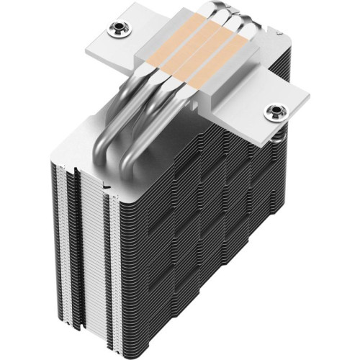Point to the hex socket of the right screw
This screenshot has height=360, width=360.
(x=274, y=110)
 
